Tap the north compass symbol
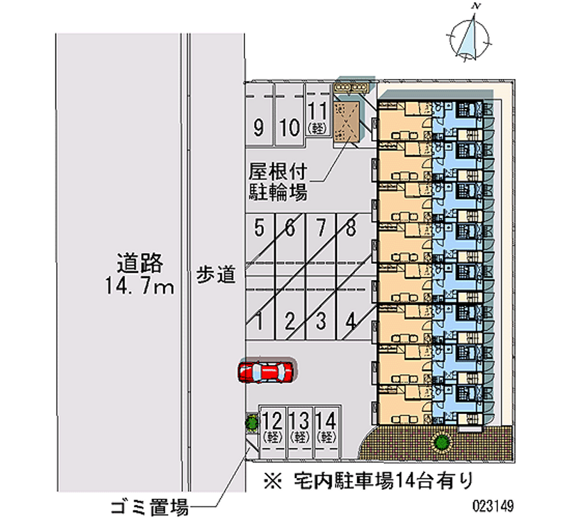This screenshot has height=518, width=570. click(x=470, y=36)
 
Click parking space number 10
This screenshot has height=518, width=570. click(x=289, y=128)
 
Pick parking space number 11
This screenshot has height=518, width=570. click(x=318, y=118)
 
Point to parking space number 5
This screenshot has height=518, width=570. click(x=259, y=228)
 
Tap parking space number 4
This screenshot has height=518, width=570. click(x=350, y=321)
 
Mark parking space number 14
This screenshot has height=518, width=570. click(x=326, y=425)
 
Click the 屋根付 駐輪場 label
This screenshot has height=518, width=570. click(x=278, y=182)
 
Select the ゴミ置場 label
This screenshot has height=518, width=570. click(x=149, y=507)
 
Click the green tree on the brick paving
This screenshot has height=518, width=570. click(x=442, y=443)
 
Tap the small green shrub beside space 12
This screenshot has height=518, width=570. click(x=252, y=424)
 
